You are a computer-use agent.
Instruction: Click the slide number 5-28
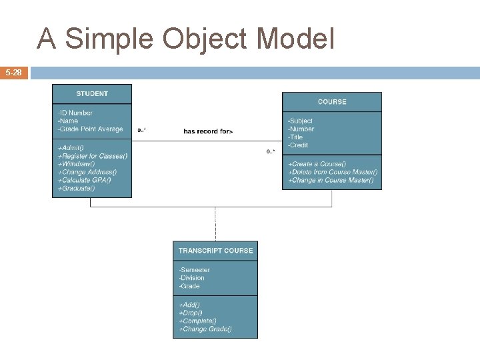click(14, 72)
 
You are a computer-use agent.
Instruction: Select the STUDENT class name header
click(92, 94)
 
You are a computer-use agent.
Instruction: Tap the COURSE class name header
click(332, 102)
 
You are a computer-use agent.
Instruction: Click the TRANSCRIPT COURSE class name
click(215, 251)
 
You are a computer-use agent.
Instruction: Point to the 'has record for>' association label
click(208, 132)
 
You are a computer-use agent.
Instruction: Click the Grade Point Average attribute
click(91, 129)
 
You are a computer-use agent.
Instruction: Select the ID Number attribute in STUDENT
click(75, 113)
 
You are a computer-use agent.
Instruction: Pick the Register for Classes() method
click(93, 156)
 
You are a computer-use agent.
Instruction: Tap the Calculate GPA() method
click(85, 180)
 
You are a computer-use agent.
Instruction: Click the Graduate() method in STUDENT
click(77, 188)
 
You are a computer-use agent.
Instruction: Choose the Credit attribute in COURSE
click(298, 145)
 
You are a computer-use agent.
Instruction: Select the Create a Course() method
click(317, 164)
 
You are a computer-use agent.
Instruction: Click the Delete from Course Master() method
click(333, 172)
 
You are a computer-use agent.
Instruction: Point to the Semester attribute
click(195, 270)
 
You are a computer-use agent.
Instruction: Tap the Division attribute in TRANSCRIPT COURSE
click(192, 278)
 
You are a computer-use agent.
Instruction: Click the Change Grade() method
click(205, 329)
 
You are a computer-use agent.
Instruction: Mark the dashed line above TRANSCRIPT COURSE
click(215, 224)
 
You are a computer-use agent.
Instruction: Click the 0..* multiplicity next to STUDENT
click(142, 130)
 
